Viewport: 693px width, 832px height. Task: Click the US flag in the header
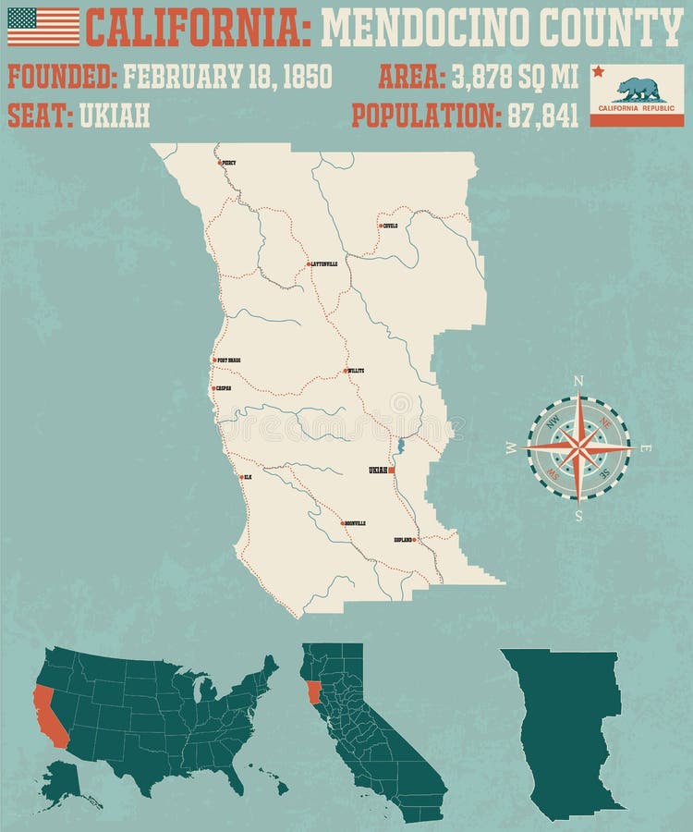[43, 27]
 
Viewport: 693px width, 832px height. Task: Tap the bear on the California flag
[639, 90]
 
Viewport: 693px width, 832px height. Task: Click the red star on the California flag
[598, 71]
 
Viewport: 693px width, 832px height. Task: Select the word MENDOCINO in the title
[426, 28]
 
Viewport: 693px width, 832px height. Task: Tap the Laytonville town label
[324, 264]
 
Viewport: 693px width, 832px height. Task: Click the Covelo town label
[390, 225]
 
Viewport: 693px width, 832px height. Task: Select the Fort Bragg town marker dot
[213, 361]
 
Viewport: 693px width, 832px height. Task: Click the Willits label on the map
[356, 371]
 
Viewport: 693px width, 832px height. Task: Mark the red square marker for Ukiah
[392, 471]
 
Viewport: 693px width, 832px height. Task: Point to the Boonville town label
[356, 523]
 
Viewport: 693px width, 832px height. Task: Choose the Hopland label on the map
[403, 539]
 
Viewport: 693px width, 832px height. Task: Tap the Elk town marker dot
[240, 477]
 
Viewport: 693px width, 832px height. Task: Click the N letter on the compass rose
[578, 381]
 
